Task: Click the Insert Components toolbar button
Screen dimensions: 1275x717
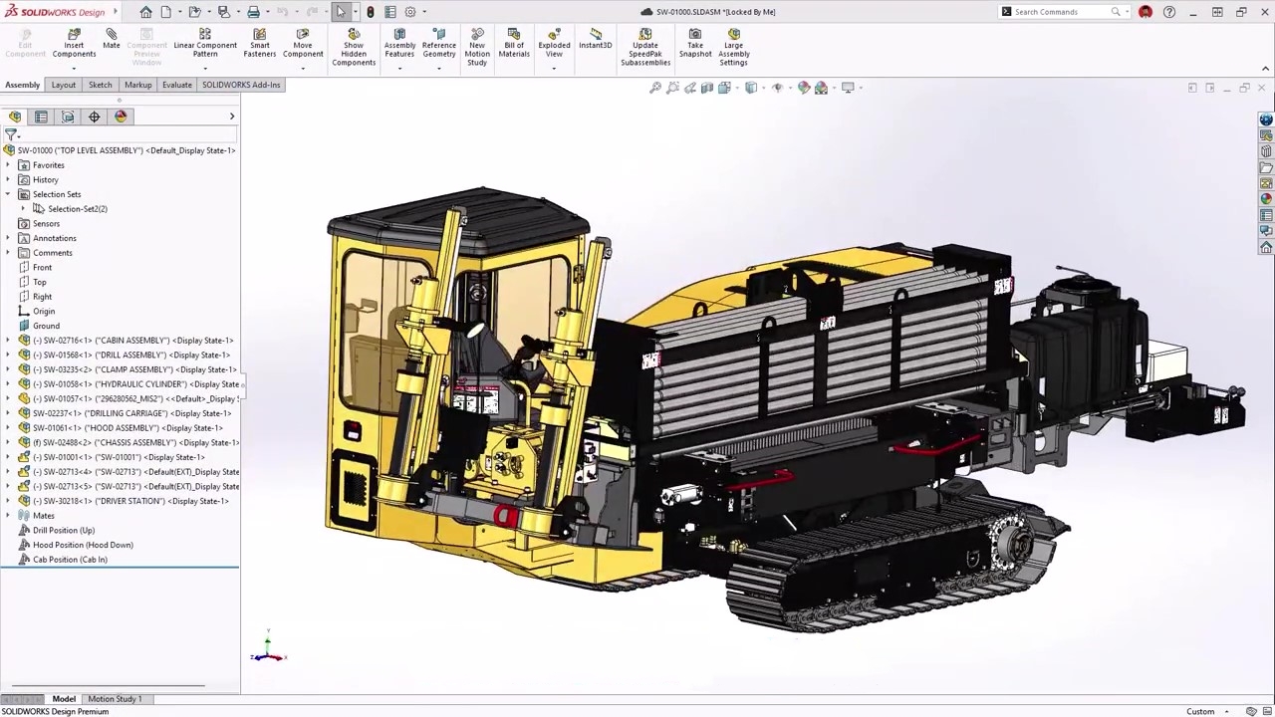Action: tap(74, 44)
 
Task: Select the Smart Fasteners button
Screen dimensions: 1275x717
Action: tap(259, 44)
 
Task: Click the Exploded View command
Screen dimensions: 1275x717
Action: tap(554, 44)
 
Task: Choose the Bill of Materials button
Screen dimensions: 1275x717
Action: tap(514, 44)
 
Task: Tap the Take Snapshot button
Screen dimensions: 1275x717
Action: tap(695, 44)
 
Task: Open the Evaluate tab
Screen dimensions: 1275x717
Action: tap(177, 85)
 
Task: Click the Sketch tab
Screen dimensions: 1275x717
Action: tap(100, 85)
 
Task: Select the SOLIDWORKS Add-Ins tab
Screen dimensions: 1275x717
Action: tap(241, 85)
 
